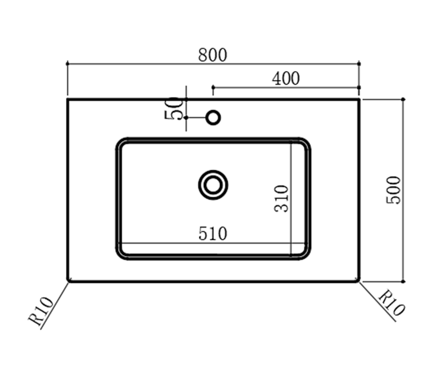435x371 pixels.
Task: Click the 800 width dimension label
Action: [213, 55]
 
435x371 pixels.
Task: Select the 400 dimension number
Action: [286, 79]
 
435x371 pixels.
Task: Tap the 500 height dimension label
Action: [394, 190]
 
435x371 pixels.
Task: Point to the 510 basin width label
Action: [213, 233]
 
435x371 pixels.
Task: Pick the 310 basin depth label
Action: [281, 198]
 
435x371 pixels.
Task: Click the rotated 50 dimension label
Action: [174, 108]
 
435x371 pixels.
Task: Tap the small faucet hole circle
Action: [213, 118]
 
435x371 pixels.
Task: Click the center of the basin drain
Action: [213, 185]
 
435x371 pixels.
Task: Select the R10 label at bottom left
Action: [41, 311]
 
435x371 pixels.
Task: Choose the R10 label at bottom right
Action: [391, 302]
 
